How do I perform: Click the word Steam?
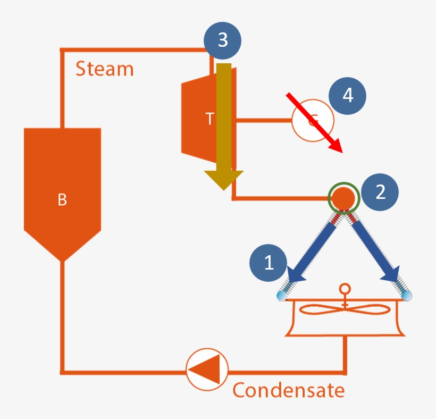(104, 69)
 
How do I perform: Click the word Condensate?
(288, 390)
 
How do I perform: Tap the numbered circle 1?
(269, 263)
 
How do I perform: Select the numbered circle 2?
(380, 192)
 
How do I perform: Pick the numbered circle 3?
(223, 40)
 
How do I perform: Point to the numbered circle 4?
(348, 96)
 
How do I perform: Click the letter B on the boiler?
(62, 200)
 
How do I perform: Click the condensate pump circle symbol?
(207, 369)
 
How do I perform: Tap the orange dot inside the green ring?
(344, 197)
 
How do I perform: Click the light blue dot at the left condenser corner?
(281, 296)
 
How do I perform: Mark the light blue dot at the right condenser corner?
(407, 296)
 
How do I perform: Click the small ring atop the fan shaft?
(345, 289)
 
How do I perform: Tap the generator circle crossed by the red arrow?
(313, 121)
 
